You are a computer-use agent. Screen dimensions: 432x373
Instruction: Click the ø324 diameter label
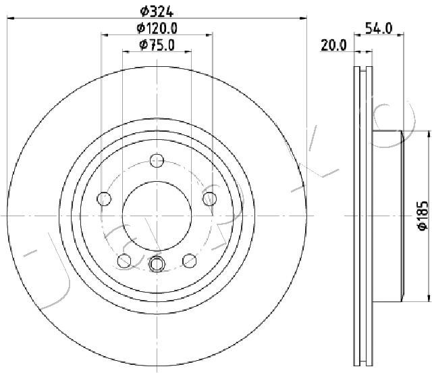157,11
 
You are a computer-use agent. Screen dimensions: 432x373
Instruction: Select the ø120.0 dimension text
157,28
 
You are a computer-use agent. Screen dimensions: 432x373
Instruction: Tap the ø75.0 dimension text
157,45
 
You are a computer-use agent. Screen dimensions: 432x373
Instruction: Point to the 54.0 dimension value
378,28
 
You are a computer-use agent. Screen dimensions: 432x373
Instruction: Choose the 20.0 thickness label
333,45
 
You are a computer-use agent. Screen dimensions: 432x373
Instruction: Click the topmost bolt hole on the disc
157,161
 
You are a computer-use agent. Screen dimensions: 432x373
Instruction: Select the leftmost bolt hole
104,199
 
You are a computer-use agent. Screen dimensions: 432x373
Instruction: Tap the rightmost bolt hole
210,199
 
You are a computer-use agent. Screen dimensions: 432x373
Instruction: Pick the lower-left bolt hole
124,260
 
